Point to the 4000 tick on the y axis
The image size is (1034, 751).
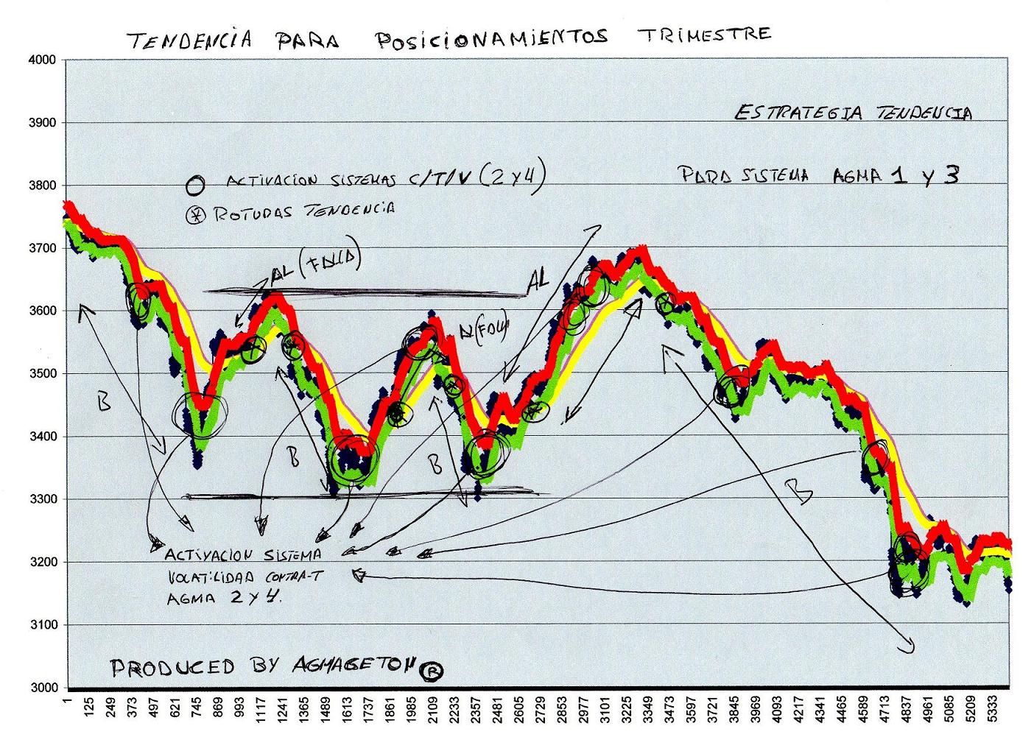(42, 60)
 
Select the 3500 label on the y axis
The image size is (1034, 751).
(42, 374)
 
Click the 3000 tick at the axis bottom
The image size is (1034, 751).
(42, 688)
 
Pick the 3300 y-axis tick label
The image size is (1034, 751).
(42, 499)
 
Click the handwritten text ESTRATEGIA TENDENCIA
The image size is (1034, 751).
(853, 113)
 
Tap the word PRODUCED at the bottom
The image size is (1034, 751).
(172, 667)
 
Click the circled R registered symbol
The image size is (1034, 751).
(432, 670)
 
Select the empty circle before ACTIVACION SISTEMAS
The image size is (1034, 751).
(194, 186)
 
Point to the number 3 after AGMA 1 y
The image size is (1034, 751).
(951, 174)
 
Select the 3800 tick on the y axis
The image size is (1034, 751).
(42, 186)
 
